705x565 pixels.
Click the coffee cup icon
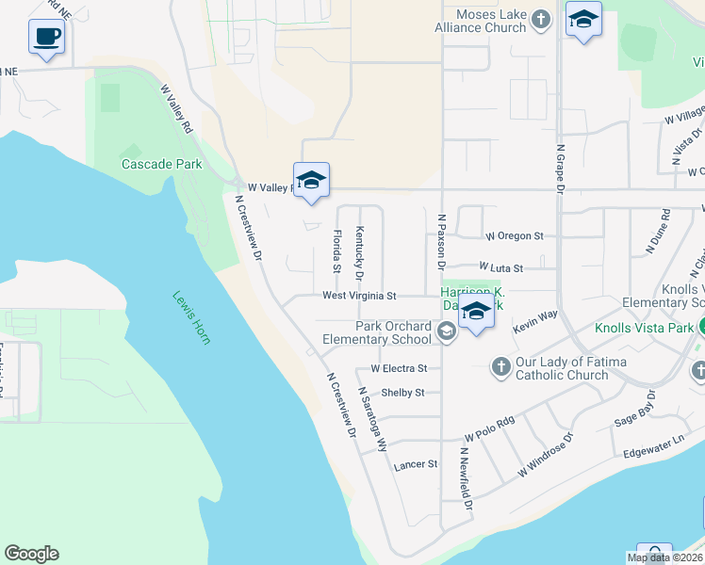point(46,38)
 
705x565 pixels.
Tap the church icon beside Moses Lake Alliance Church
point(541,20)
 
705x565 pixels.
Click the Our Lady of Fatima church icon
point(501,365)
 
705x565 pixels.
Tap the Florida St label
point(336,246)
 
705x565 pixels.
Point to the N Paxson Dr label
point(441,242)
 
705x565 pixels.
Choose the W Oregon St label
point(514,235)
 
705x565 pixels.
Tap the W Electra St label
point(399,368)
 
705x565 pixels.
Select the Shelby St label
point(402,393)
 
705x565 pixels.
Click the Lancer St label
point(416,464)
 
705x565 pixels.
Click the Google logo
point(31,554)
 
